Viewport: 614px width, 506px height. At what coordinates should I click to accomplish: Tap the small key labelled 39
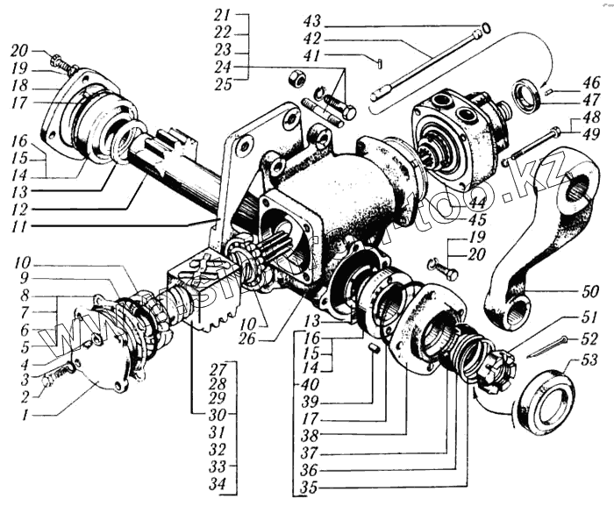(373, 348)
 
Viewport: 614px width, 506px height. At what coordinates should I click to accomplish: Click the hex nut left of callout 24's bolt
(297, 80)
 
